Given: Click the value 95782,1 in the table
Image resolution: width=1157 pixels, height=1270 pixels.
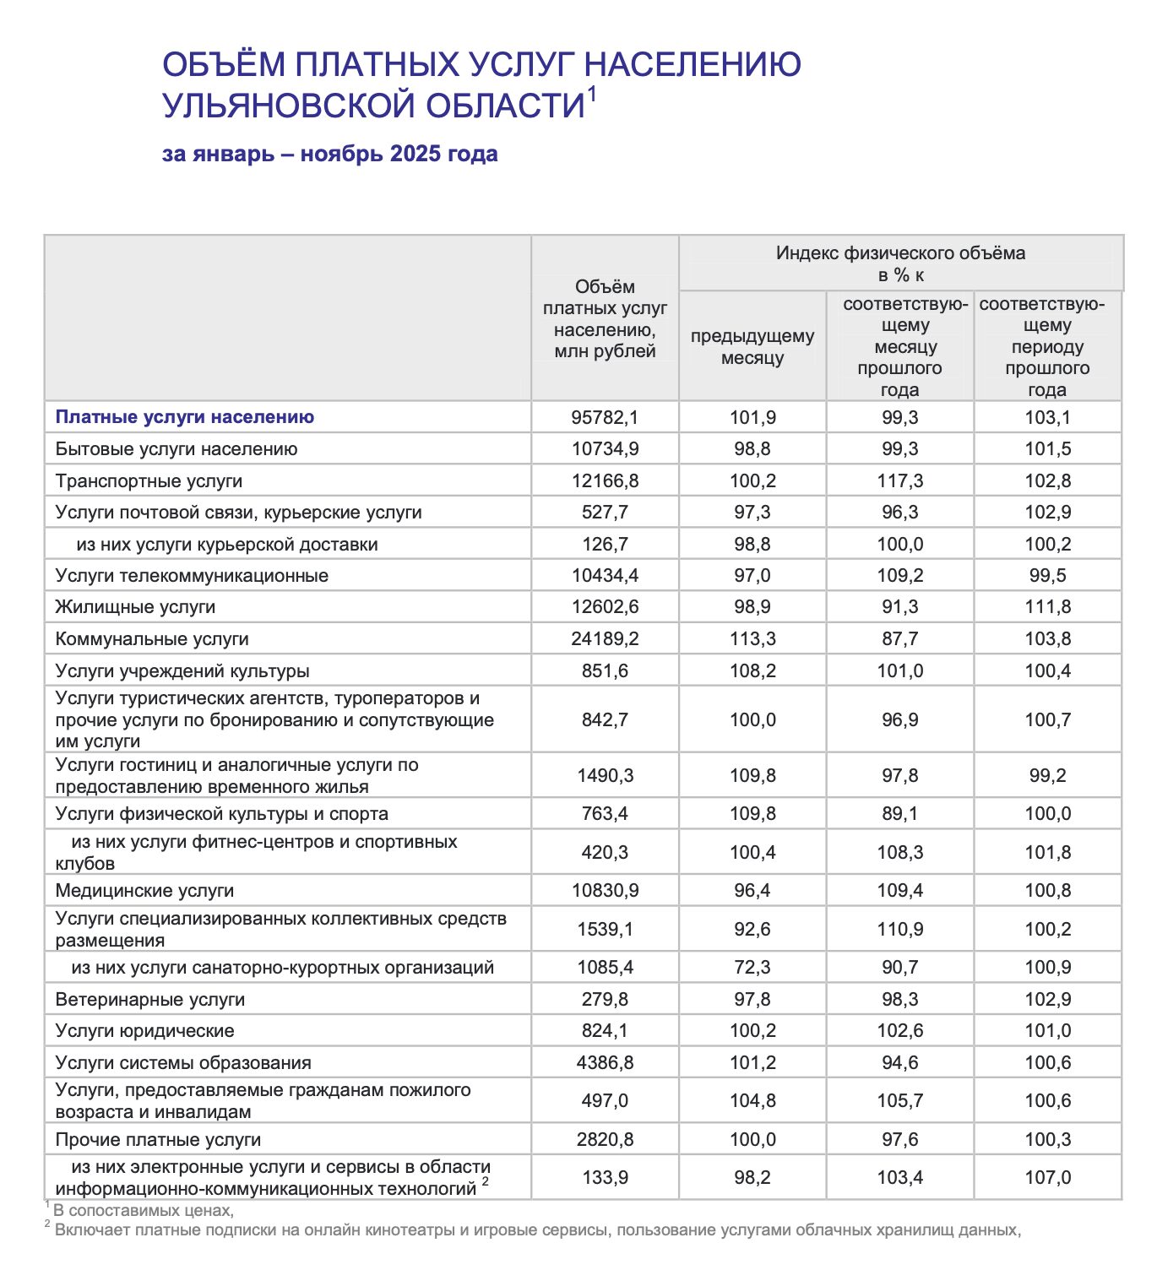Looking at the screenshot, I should pyautogui.click(x=605, y=417).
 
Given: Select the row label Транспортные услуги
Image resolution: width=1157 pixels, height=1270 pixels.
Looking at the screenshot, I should pyautogui.click(x=149, y=481).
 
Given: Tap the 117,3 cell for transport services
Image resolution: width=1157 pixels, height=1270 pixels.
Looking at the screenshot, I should pyautogui.click(x=899, y=481).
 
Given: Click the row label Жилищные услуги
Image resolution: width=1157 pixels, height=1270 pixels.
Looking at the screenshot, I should pyautogui.click(x=135, y=607).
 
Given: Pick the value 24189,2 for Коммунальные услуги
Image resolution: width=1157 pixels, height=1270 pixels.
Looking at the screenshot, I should pyautogui.click(x=605, y=639).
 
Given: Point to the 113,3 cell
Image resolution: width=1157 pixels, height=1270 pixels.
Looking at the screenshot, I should pyautogui.click(x=752, y=639).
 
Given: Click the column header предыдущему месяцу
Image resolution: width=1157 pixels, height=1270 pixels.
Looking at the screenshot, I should pyautogui.click(x=752, y=347).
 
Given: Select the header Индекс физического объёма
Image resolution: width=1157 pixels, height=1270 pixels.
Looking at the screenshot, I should pyautogui.click(x=900, y=253).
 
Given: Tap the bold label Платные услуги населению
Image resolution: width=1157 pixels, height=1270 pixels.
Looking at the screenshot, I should pyautogui.click(x=185, y=417).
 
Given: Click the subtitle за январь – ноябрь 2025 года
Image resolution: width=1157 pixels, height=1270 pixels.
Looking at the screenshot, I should pyautogui.click(x=329, y=154).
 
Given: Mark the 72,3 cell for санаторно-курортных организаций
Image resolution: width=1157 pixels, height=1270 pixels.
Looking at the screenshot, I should pyautogui.click(x=752, y=968).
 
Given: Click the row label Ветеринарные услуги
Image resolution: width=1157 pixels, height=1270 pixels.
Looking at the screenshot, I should pyautogui.click(x=150, y=1000).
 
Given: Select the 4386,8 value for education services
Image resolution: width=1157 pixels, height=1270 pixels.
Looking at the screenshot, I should pyautogui.click(x=605, y=1063).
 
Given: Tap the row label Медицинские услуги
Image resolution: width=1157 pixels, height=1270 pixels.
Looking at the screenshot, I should pyautogui.click(x=144, y=891).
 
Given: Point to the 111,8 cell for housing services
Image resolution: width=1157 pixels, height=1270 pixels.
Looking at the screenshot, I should pyautogui.click(x=1047, y=607).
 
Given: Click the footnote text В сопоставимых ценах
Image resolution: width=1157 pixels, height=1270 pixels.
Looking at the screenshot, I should pyautogui.click(x=144, y=1210).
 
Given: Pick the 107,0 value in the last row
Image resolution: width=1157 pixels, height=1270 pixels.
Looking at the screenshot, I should pyautogui.click(x=1047, y=1178).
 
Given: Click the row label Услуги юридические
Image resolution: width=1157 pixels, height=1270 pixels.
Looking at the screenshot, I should pyautogui.click(x=144, y=1031).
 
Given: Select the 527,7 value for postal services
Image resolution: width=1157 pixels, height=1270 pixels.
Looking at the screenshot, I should pyautogui.click(x=605, y=513).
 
